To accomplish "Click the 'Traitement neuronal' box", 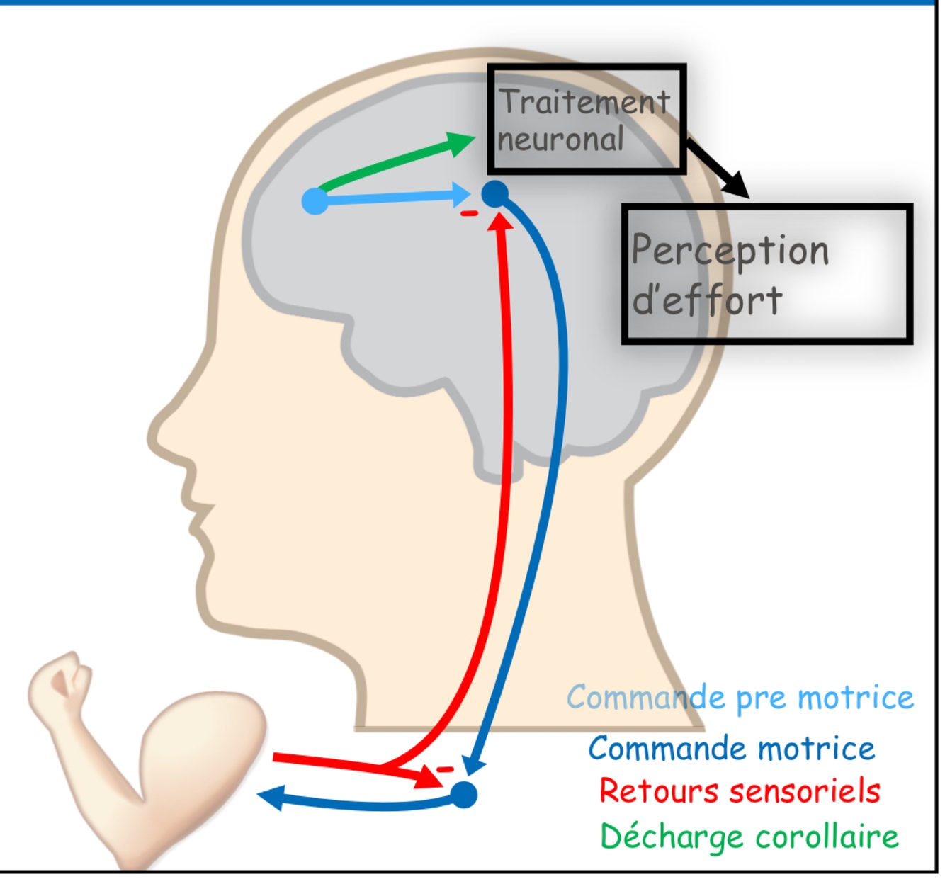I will coord(586,119).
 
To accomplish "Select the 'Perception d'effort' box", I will coord(766,274).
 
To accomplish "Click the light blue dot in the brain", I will coord(315,201).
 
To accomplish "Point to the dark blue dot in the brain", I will coord(495,193).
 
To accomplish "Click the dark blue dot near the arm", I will coord(464,794).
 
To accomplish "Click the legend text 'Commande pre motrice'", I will coord(740,698).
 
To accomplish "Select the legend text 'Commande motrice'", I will coord(731,749).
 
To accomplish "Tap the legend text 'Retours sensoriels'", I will coord(740,791).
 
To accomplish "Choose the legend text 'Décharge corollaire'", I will coord(749,837).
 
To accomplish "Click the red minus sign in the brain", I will coord(469,213).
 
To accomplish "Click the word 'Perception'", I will coord(730,251).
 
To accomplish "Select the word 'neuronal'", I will coord(560,140).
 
